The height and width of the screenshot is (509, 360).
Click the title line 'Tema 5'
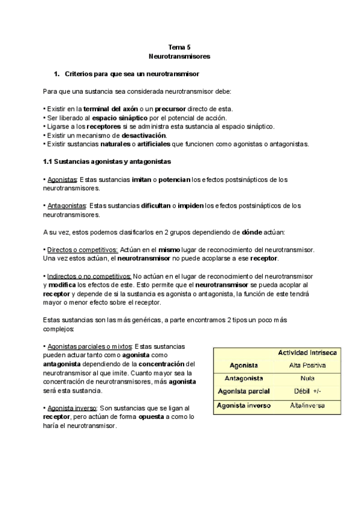click(179, 46)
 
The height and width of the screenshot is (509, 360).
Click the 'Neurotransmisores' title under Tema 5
click(179, 56)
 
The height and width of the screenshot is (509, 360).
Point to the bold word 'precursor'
click(169, 109)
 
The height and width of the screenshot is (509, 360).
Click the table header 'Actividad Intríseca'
click(302, 352)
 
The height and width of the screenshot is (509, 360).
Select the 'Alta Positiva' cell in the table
click(307, 365)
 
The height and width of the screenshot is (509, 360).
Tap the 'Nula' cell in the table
click(307, 379)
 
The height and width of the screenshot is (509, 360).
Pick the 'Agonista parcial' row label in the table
click(244, 391)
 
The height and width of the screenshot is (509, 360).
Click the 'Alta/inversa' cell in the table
click(307, 406)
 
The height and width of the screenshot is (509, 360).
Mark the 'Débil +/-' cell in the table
click(307, 392)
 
